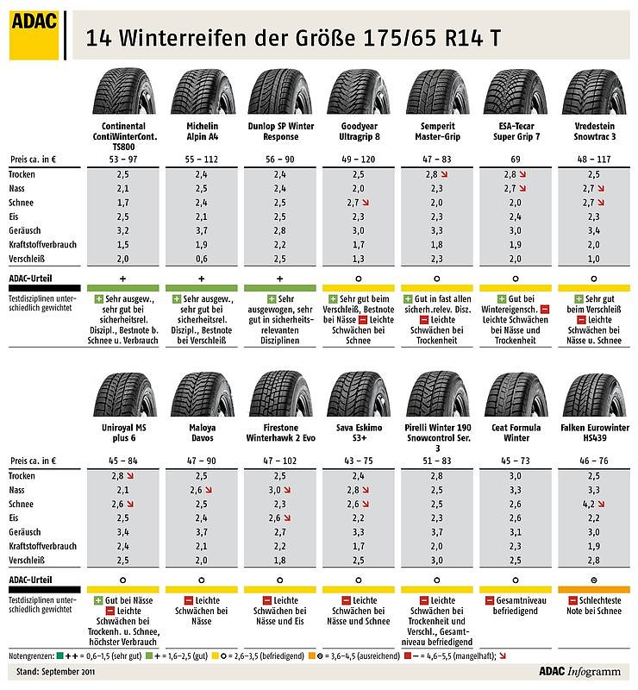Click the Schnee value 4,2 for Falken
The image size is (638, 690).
click(588, 504)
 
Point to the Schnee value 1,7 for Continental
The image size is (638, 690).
click(122, 202)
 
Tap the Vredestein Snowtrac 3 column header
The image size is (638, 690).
click(594, 130)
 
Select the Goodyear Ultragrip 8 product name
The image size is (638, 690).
click(359, 130)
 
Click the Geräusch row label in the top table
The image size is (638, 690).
click(26, 230)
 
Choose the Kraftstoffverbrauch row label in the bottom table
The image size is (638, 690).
click(43, 546)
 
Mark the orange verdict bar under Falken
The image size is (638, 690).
click(594, 588)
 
